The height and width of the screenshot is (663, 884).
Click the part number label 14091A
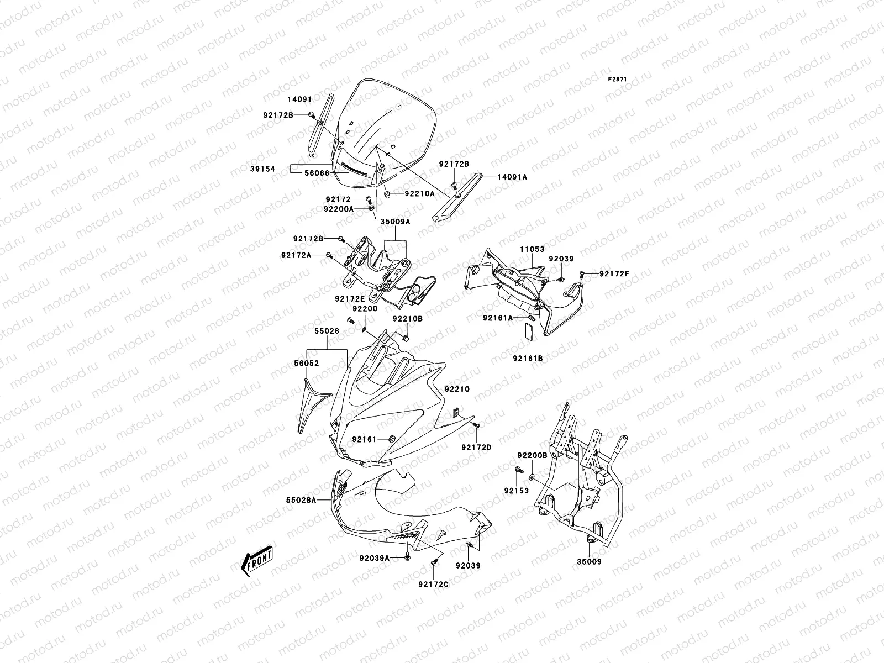[512, 177]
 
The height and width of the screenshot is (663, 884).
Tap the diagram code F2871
[619, 80]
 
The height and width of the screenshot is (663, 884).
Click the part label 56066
[317, 173]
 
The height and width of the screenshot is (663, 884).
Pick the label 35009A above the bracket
[394, 221]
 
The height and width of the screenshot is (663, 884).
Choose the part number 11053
[531, 250]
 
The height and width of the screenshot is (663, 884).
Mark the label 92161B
[528, 359]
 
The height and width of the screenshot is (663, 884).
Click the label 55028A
[301, 500]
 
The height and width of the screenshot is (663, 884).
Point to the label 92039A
[376, 559]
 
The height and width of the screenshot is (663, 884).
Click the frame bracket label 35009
[589, 562]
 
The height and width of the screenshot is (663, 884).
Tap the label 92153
[516, 491]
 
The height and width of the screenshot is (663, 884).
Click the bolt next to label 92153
[519, 470]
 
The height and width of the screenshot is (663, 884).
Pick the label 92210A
[419, 194]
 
